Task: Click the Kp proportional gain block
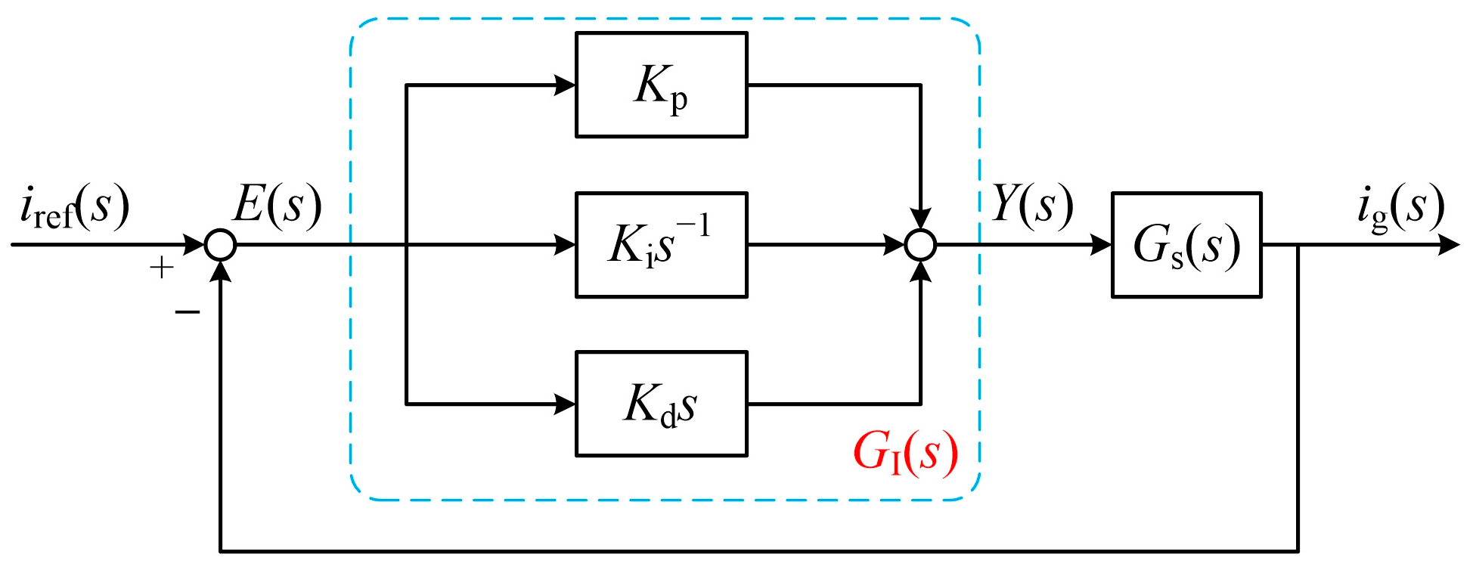(x=661, y=85)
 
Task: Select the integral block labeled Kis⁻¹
(x=661, y=245)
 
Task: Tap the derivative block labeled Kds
(x=661, y=404)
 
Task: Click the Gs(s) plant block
(x=1186, y=245)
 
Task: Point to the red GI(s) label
(x=904, y=454)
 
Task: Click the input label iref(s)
(x=74, y=207)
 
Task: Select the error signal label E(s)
(x=277, y=204)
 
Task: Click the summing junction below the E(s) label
(x=221, y=245)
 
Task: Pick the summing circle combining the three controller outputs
(x=920, y=245)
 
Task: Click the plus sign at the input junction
(x=162, y=268)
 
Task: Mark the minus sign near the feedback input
(x=187, y=311)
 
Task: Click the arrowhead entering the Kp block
(x=565, y=85)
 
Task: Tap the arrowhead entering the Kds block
(x=565, y=404)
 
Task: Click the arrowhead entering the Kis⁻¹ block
(x=565, y=245)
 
